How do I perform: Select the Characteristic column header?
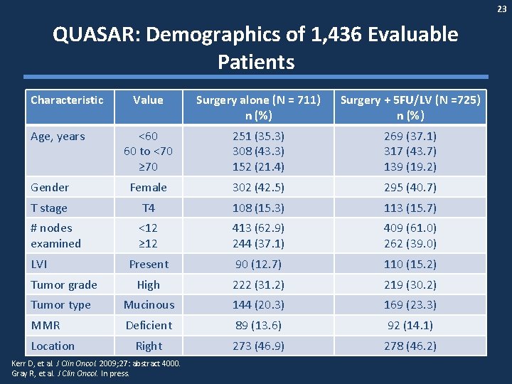point(67,100)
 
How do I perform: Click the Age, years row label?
point(58,137)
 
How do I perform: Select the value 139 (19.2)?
point(410,167)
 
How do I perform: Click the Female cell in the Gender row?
point(148,188)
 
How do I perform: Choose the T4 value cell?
point(148,208)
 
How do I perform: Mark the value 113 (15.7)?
point(410,208)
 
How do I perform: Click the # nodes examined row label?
point(55,235)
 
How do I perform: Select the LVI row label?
point(40,264)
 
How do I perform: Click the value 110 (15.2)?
point(410,264)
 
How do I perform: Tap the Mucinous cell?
point(149,305)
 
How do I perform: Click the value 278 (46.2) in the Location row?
point(410,346)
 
